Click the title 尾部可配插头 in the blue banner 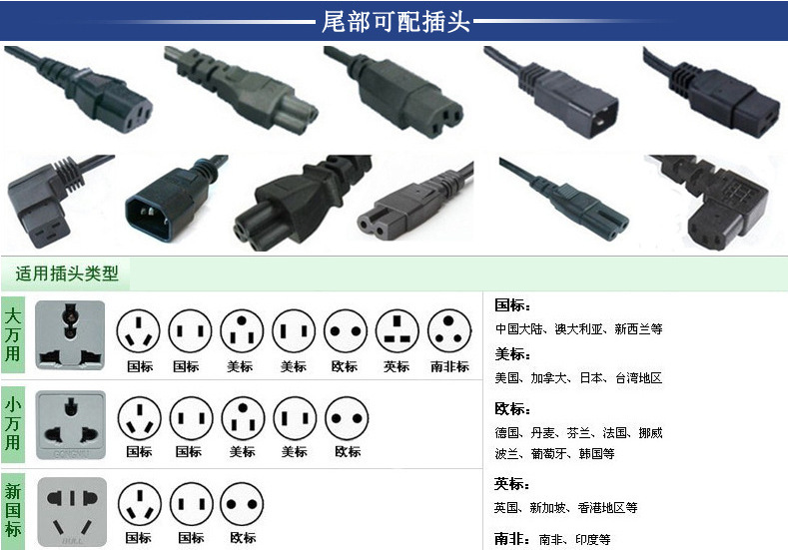click(395, 22)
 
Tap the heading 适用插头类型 click(67, 274)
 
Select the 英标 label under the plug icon click(396, 366)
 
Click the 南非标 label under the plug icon click(449, 366)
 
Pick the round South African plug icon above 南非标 click(449, 331)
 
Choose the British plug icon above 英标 click(397, 331)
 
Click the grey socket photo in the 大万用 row click(70, 335)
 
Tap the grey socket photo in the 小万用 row click(71, 425)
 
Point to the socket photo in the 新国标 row click(72, 512)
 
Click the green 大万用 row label click(13, 335)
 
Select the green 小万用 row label click(13, 424)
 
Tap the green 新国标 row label click(13, 511)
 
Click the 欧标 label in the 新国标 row click(243, 538)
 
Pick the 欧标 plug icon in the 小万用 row click(347, 418)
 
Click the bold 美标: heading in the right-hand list click(512, 354)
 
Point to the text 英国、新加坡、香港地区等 click(566, 508)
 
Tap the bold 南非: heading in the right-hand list click(512, 539)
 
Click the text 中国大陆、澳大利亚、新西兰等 click(579, 329)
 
